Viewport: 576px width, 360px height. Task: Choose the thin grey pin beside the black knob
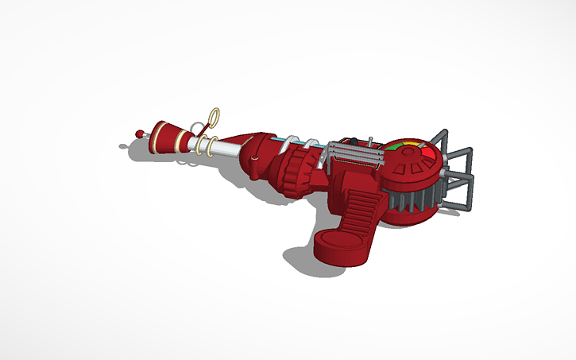(x=371, y=141)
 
